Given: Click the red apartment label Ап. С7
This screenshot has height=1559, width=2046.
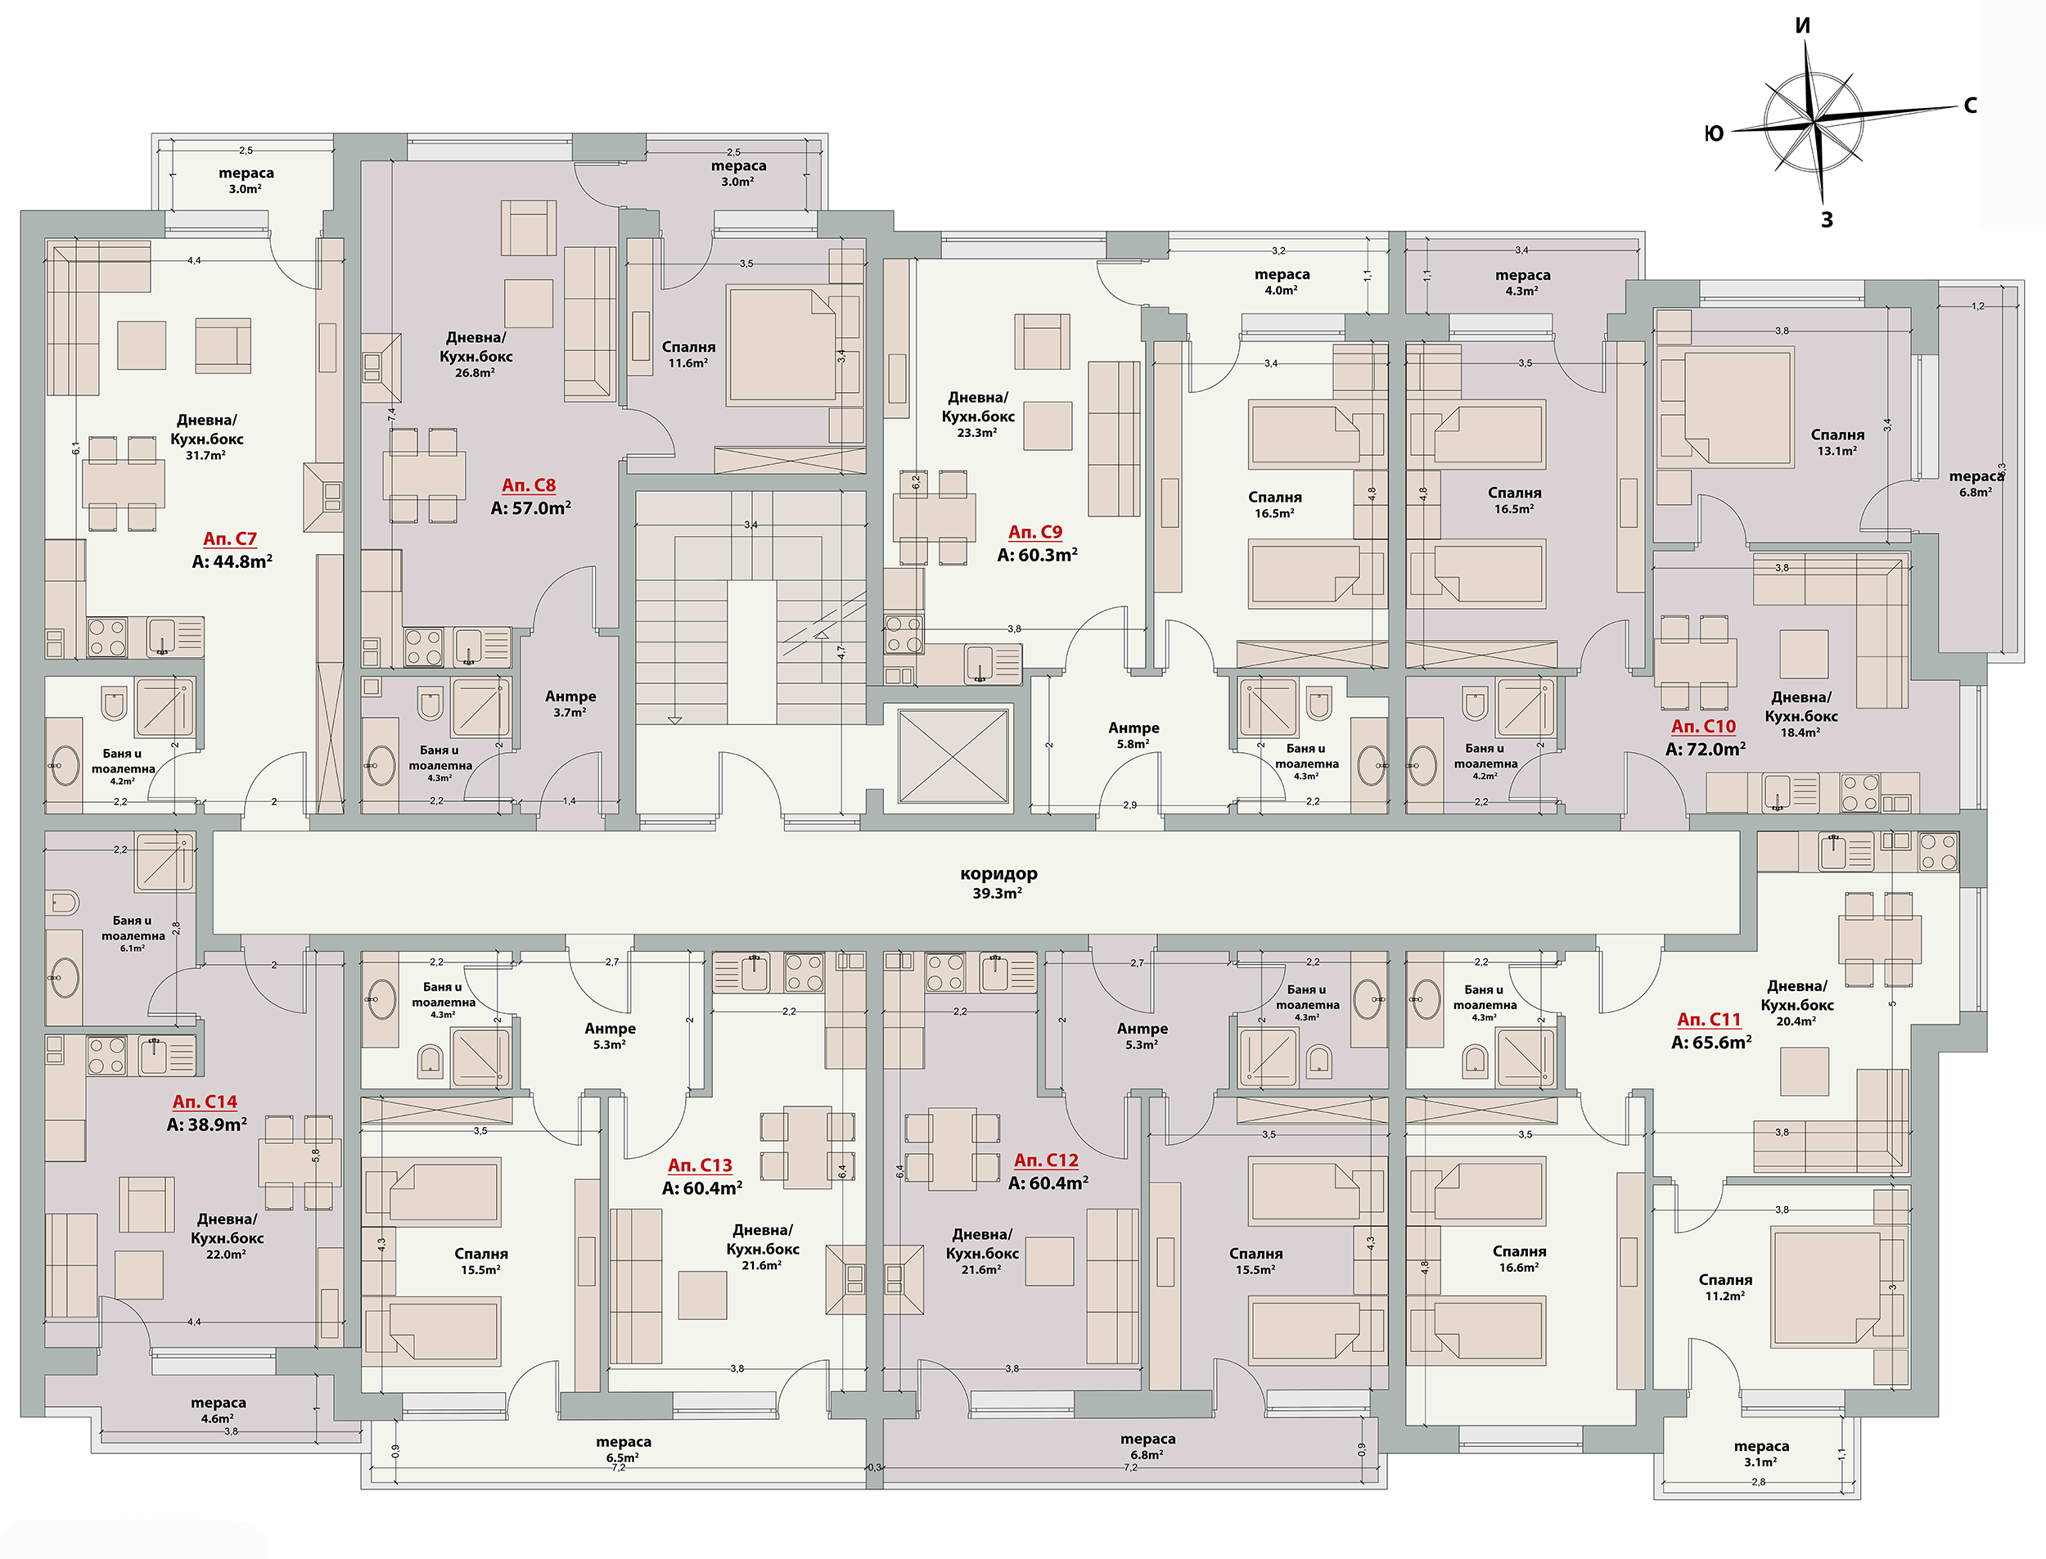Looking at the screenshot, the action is pos(229,538).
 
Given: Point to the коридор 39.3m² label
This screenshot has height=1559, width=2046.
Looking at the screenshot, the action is pos(998,882).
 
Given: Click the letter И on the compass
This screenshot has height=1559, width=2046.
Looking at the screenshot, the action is pos(1802,26).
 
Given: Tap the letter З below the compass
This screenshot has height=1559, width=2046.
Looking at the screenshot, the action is pos(1826,220).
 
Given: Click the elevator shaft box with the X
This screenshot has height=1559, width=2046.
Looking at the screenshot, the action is pos(953,755).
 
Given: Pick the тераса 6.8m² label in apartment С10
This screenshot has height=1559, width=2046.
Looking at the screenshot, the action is pos(1976,484).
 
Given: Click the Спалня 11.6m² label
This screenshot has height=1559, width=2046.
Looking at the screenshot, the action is pos(687,354).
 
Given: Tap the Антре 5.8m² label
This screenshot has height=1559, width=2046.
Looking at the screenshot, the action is pos(1133,735).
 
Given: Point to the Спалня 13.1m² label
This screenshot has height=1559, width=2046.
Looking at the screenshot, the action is pos(1836,443).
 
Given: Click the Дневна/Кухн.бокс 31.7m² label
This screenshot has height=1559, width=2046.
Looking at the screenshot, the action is pos(207,437).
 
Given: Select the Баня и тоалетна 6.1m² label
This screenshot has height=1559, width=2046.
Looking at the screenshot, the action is pos(133,934).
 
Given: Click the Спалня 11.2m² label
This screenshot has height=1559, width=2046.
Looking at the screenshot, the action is pos(1725,1287).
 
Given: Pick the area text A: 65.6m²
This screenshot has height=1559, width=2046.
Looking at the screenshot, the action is pos(1711,1042).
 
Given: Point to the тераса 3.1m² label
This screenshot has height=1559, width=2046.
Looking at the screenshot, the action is pos(1760,1453).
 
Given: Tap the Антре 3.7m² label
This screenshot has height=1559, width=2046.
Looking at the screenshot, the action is pos(570,704).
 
